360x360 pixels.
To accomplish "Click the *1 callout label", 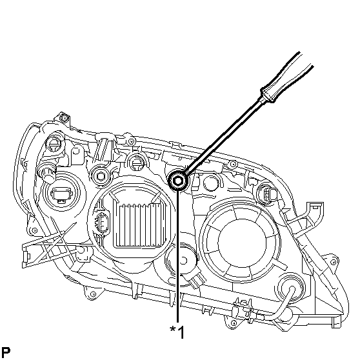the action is (177, 332).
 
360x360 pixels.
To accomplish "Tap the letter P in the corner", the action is (6, 352).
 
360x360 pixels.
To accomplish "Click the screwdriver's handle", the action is (286, 77).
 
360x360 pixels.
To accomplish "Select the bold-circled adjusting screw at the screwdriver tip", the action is (178, 181).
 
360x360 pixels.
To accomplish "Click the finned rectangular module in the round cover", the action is (139, 223).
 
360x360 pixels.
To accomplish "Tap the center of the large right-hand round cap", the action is (241, 243).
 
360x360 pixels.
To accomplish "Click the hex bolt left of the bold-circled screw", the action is (101, 176).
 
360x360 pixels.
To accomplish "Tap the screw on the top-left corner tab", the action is (65, 118).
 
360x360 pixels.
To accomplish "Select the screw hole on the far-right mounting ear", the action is (333, 262).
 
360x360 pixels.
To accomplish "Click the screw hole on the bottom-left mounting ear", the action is (93, 294).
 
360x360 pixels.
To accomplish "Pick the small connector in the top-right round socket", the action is (271, 194).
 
